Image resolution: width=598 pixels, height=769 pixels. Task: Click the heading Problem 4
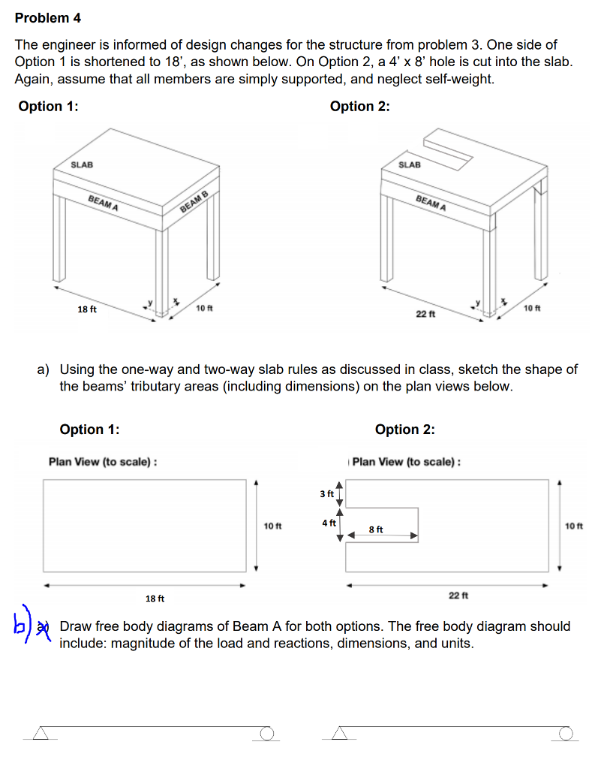[x=48, y=17]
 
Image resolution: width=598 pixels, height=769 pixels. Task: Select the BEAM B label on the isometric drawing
[x=194, y=203]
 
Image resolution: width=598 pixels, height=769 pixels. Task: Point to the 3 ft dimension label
[x=327, y=493]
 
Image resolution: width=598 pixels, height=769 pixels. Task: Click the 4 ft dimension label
[x=328, y=523]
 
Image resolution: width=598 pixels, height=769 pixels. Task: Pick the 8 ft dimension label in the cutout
[x=377, y=529]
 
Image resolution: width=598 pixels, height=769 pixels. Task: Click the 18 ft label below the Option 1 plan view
[x=155, y=599]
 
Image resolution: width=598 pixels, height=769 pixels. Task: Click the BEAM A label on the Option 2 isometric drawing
[x=431, y=203]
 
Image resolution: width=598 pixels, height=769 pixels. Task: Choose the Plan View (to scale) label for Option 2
[x=406, y=461]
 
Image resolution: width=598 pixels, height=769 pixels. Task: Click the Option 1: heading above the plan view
[x=89, y=430]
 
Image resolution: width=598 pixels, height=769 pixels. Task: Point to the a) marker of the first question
[x=44, y=369]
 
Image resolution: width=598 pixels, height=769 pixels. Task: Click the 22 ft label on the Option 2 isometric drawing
[x=425, y=314]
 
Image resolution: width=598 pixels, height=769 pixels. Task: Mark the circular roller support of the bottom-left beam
[x=265, y=732]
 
